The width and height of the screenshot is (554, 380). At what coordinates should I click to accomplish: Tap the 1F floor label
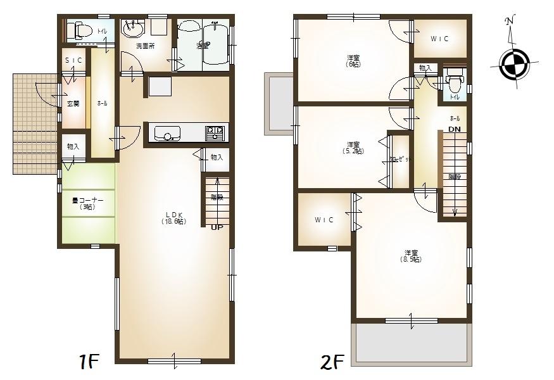pyautogui.click(x=89, y=362)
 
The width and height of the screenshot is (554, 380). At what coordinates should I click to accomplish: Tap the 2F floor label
pyautogui.click(x=333, y=362)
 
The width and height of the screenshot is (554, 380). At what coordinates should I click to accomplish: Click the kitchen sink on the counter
pyautogui.click(x=168, y=134)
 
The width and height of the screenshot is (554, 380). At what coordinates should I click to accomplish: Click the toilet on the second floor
pyautogui.click(x=453, y=83)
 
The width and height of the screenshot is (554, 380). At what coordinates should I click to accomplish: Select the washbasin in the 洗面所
pyautogui.click(x=133, y=27)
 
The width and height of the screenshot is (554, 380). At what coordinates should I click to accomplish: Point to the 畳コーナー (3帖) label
pyautogui.click(x=87, y=203)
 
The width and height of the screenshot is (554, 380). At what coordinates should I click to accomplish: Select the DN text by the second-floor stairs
pyautogui.click(x=455, y=129)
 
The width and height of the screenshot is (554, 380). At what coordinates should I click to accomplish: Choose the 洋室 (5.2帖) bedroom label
pyautogui.click(x=353, y=148)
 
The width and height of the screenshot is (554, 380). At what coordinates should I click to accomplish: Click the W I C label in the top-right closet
pyautogui.click(x=440, y=39)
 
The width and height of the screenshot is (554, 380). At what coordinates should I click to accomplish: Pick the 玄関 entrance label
pyautogui.click(x=73, y=103)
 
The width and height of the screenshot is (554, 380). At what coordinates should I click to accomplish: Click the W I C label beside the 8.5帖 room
pyautogui.click(x=324, y=220)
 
